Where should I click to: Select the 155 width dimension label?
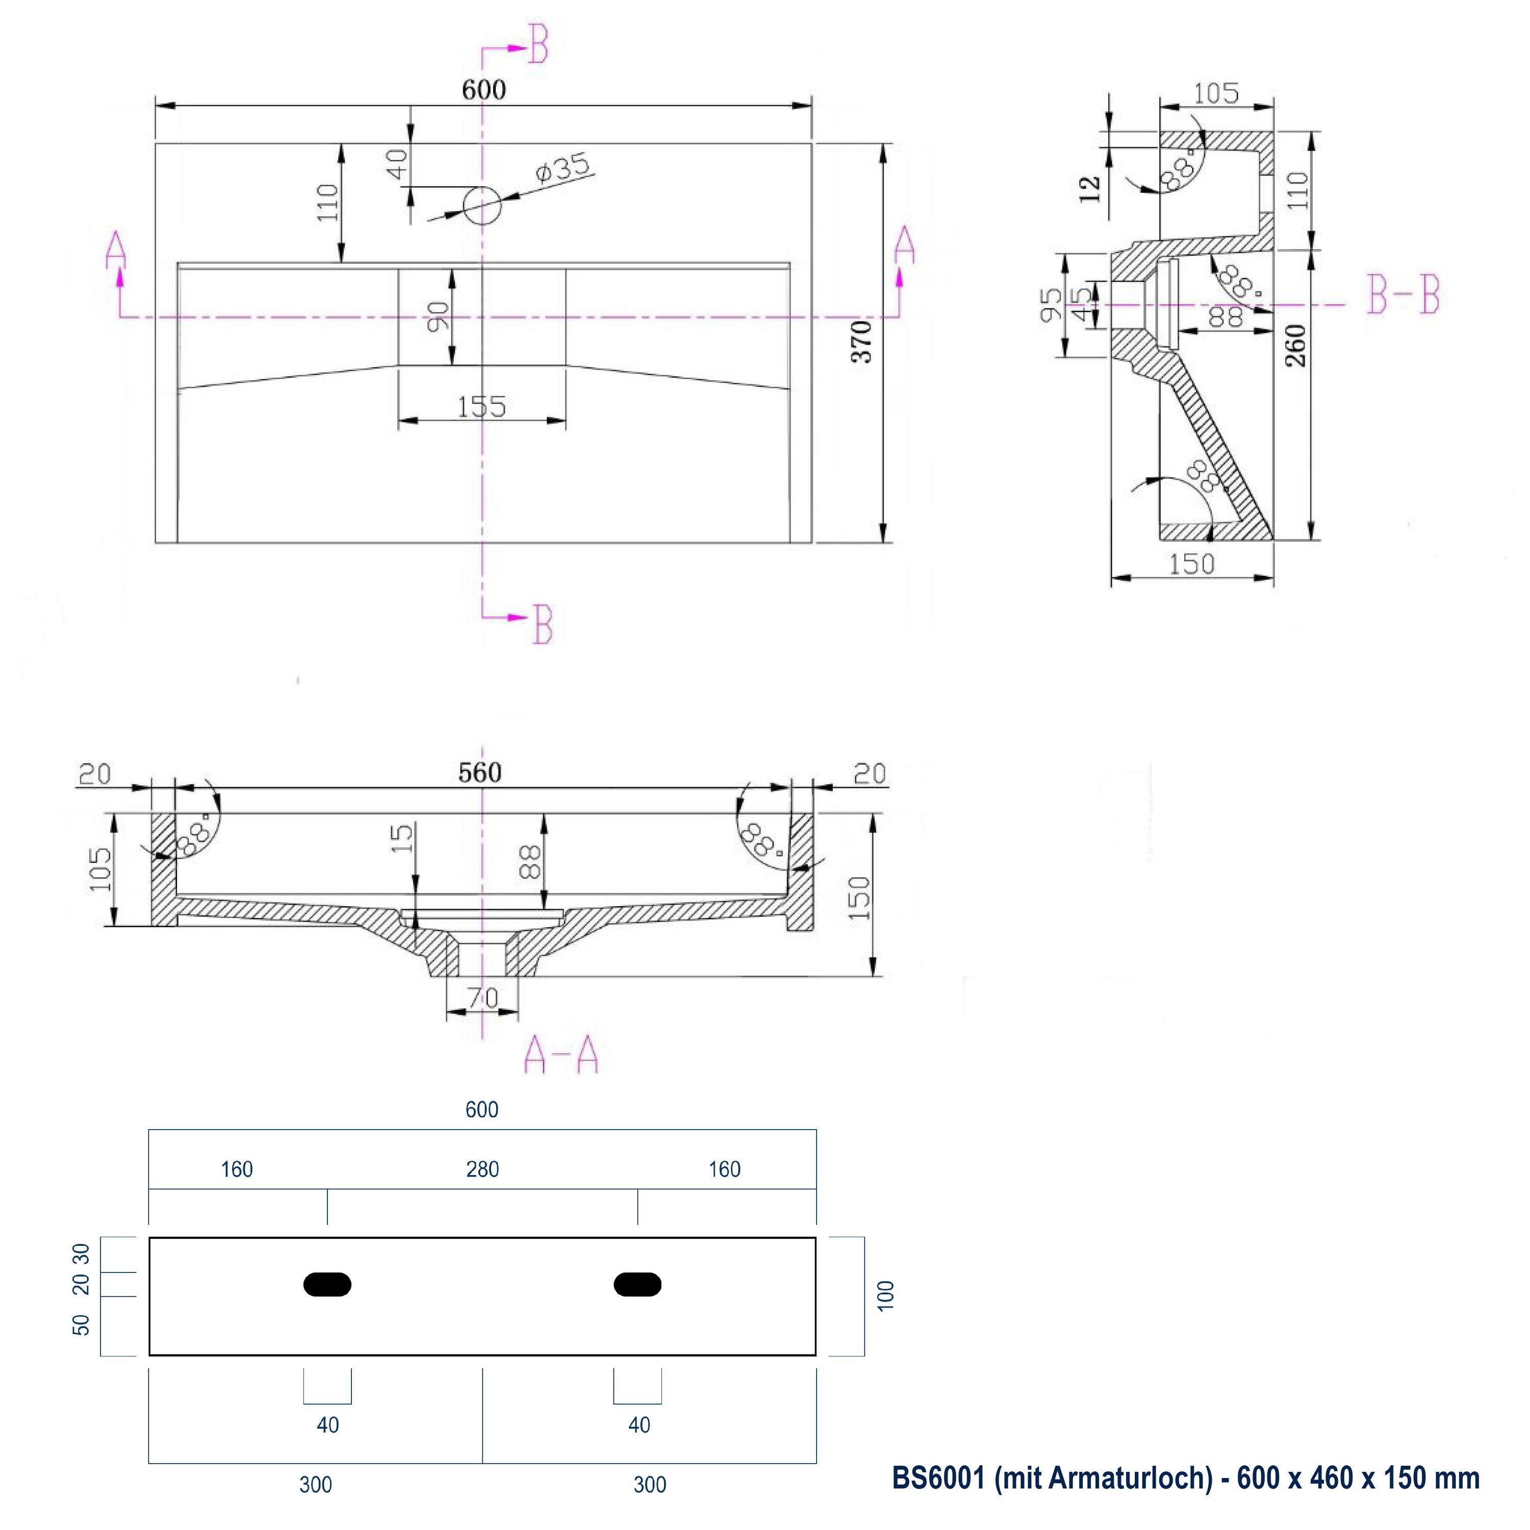click(481, 407)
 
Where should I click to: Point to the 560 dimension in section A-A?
click(480, 772)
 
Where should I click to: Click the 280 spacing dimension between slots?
click(482, 1169)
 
